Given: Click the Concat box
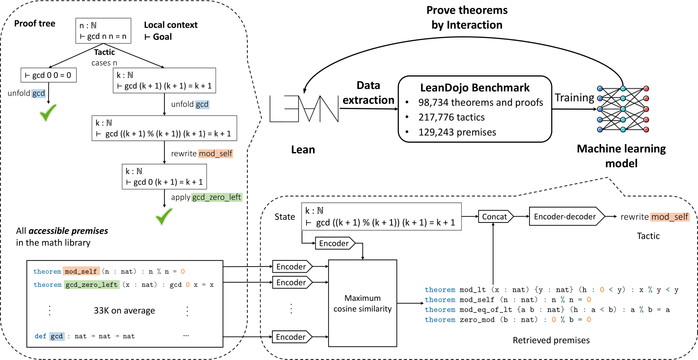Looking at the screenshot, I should tap(495, 216).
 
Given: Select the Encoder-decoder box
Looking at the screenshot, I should tap(565, 216).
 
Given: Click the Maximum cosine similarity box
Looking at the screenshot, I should tap(362, 303).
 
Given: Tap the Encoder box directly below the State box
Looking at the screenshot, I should tap(335, 243).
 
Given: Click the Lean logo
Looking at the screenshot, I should tap(304, 109).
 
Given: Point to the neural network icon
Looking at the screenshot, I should tap(623, 109).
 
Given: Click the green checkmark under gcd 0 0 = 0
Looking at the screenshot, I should tap(48, 112).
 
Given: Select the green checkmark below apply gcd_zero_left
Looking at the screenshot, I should tap(164, 216).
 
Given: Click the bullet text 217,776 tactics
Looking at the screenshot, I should tap(451, 117).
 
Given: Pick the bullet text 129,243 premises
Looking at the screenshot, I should tap(457, 132).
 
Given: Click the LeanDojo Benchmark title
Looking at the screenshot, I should tap(474, 88).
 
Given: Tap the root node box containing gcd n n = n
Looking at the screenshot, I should tap(103, 31).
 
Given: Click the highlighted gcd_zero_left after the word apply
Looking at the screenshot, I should tap(216, 197).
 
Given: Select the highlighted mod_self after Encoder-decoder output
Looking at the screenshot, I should tap(669, 217).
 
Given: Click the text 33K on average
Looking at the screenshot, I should tap(124, 311).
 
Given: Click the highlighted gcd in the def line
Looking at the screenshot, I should tap(56, 336).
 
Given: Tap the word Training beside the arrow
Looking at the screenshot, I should tap(574, 97).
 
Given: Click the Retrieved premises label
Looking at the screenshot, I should tap(551, 340).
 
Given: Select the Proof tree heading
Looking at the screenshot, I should tap(35, 23).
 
